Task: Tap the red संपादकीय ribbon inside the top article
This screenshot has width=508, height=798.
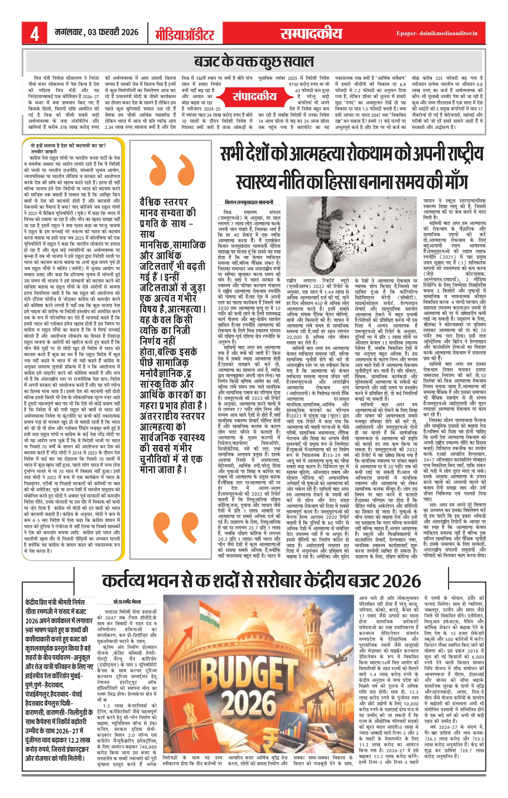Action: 254,96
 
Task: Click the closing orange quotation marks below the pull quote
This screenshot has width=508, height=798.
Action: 171,527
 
